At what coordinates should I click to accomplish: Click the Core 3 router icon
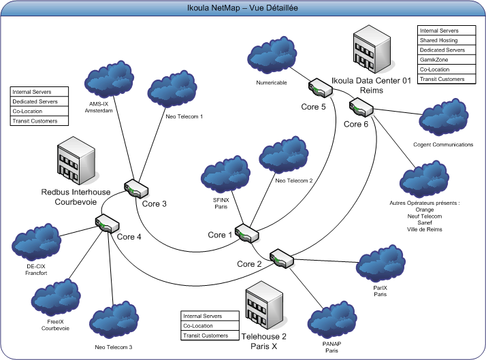tap(136, 189)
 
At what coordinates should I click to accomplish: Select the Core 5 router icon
tap(321, 88)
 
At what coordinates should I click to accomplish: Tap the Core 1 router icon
tap(246, 233)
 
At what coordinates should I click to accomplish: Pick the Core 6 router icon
tap(361, 108)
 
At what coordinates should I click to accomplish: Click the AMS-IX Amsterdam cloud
tap(109, 80)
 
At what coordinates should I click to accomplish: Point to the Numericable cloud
tap(272, 55)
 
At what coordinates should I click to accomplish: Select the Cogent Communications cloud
tap(444, 117)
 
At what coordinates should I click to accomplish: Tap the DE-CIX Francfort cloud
tap(37, 242)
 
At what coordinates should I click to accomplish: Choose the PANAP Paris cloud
tap(332, 319)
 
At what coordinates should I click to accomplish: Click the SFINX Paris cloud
tap(226, 174)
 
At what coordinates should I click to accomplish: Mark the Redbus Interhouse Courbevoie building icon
tap(76, 161)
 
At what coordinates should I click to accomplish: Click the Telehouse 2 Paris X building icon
tap(264, 306)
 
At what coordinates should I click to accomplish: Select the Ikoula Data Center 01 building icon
tap(372, 50)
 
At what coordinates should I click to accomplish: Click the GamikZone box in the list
tap(447, 59)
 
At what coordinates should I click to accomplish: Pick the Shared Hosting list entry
tap(447, 40)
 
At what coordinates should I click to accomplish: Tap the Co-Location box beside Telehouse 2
tap(210, 325)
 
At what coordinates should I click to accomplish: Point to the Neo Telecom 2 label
tap(294, 180)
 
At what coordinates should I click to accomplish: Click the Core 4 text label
tap(129, 237)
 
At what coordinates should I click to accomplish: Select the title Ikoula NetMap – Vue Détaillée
tap(242, 7)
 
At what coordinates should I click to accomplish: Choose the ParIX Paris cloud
tap(380, 263)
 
